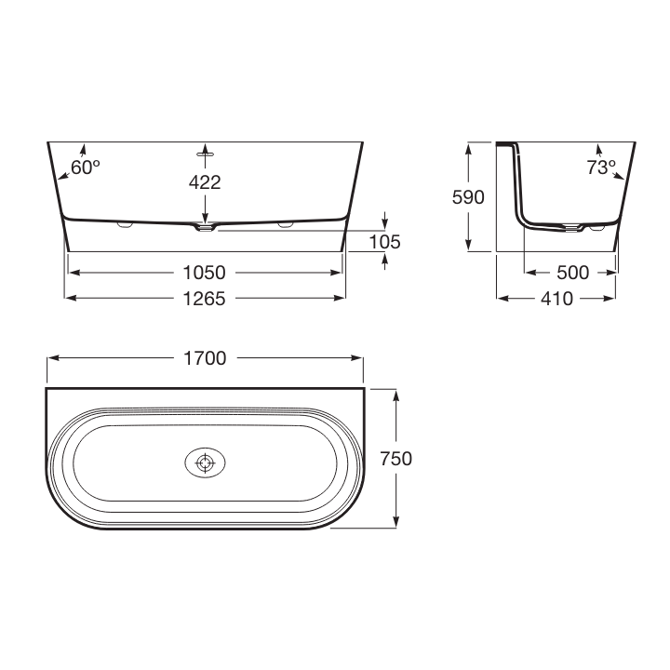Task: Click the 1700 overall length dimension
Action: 205,358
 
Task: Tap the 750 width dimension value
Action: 396,459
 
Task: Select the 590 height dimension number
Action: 468,197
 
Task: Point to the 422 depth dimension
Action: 205,182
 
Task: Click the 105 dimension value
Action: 385,242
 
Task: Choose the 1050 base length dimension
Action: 204,273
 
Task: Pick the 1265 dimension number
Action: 204,299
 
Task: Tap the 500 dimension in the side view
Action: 573,273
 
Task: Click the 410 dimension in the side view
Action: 556,299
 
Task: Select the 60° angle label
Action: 86,167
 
